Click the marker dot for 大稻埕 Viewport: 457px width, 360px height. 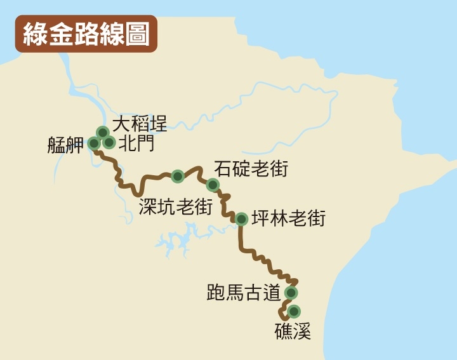tap(103, 132)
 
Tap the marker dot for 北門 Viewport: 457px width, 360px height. tap(109, 143)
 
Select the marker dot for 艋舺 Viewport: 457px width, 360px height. tap(94, 143)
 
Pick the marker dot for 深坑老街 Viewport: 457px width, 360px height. tap(178, 176)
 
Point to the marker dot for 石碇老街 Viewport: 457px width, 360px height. tap(213, 185)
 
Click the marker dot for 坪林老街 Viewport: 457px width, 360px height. tap(241, 219)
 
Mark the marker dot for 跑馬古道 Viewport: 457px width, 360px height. tap(291, 293)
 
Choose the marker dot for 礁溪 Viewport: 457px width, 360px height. tap(293, 311)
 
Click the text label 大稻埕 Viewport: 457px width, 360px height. tap(140, 124)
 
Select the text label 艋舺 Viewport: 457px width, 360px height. tap(65, 145)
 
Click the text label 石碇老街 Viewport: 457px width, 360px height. tap(251, 169)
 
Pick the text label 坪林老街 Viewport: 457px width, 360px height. tap(288, 219)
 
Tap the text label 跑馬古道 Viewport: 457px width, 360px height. tap(244, 293)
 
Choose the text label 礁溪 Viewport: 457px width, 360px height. tap(293, 331)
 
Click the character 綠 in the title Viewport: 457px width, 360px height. tap(35, 34)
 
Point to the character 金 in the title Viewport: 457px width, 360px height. tap(60, 34)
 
